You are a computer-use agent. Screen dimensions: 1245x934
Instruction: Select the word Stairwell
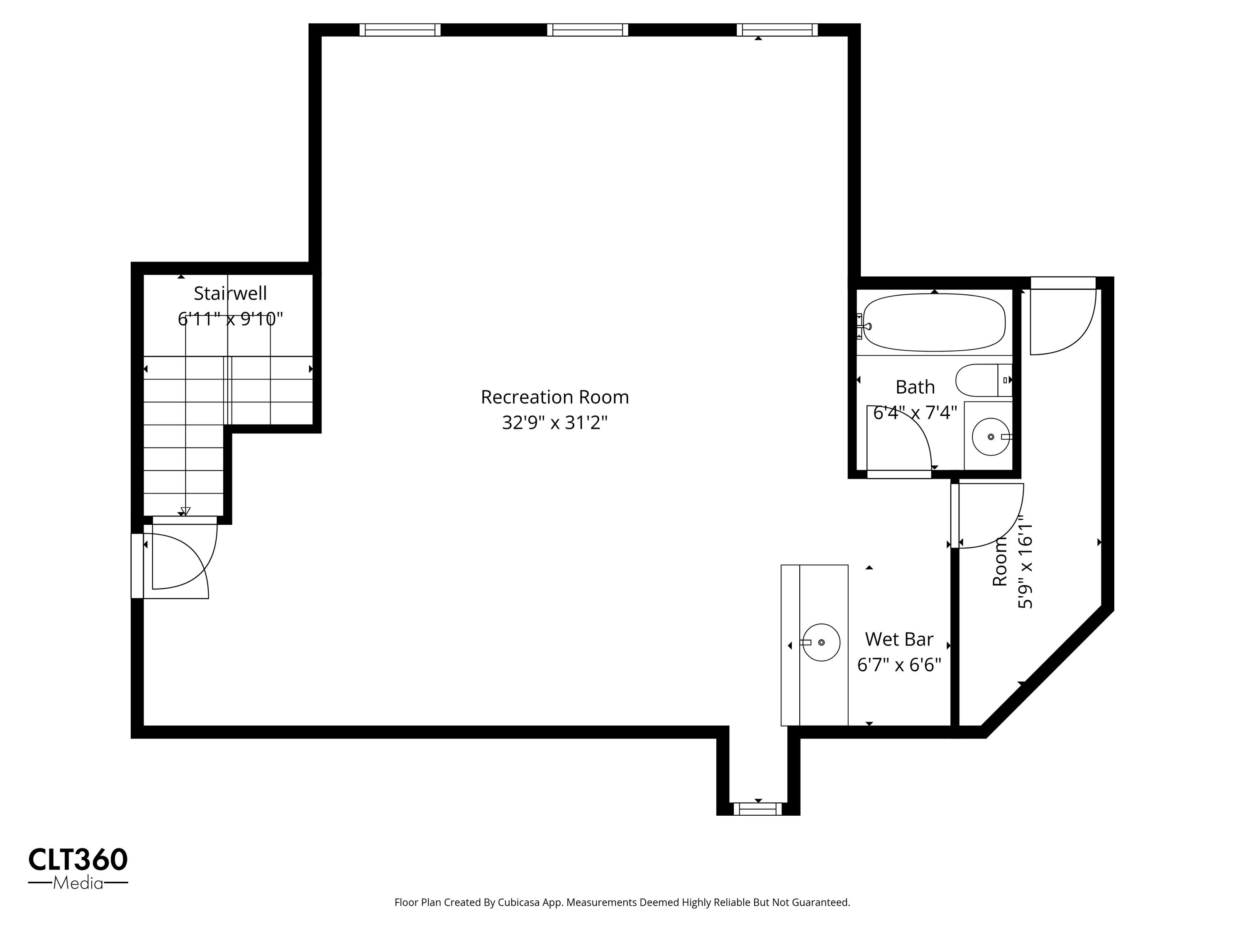point(230,293)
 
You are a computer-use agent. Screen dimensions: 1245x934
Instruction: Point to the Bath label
point(915,387)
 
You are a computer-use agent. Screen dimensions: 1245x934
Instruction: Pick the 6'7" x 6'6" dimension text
point(899,665)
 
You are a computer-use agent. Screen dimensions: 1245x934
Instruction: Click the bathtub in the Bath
point(934,323)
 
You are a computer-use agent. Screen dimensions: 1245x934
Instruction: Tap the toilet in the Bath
point(984,380)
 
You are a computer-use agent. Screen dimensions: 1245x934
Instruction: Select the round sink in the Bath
point(991,437)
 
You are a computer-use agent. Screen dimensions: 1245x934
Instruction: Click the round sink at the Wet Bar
point(821,642)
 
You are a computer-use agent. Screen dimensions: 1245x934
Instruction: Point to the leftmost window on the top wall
point(400,30)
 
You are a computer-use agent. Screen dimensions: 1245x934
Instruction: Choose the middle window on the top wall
point(588,30)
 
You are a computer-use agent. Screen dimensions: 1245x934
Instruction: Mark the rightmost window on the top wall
point(777,30)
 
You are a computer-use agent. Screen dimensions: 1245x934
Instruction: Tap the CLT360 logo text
point(78,860)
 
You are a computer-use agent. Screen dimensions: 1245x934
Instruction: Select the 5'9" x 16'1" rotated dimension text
point(1025,564)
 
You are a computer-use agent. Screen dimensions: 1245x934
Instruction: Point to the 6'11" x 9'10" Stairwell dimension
point(230,320)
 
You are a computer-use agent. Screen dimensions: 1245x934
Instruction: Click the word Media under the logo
point(78,883)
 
